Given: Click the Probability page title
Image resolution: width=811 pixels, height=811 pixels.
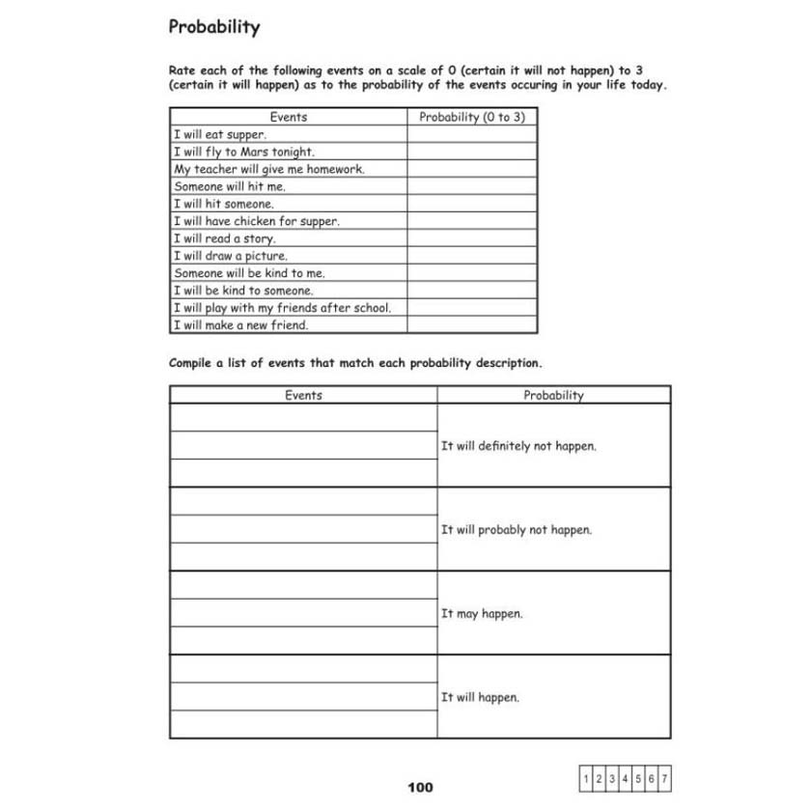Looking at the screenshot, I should click(x=214, y=27).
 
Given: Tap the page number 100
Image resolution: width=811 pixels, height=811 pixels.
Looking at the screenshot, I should click(x=420, y=788).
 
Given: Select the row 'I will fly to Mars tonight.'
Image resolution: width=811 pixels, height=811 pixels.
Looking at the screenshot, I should click(x=243, y=153).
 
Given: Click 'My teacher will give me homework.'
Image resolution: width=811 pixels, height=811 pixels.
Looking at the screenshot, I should click(x=268, y=170).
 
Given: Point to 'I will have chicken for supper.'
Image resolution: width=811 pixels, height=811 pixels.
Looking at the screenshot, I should click(x=256, y=221).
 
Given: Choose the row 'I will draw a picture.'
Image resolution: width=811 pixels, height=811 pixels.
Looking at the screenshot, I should click(x=230, y=256).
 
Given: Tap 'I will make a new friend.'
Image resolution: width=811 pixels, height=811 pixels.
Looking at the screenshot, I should click(x=240, y=325).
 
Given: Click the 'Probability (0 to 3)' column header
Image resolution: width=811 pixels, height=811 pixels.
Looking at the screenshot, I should click(x=472, y=117).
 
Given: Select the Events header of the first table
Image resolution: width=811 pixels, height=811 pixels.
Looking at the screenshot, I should click(x=289, y=117).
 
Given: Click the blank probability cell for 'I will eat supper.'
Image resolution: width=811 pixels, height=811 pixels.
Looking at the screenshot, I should click(x=472, y=135).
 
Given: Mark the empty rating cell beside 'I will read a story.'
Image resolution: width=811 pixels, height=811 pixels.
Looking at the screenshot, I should click(x=472, y=238).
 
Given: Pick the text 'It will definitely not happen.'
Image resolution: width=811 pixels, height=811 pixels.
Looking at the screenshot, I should click(x=518, y=447).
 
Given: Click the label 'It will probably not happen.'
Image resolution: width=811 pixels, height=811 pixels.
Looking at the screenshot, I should click(x=516, y=530).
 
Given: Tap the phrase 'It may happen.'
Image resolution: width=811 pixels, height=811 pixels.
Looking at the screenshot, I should click(x=482, y=614).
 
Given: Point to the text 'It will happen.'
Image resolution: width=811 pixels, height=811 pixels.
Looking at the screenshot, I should click(x=480, y=697).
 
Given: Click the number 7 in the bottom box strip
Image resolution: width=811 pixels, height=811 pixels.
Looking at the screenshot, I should click(x=664, y=777).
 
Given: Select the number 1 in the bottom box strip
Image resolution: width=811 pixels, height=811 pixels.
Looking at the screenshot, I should click(x=588, y=777).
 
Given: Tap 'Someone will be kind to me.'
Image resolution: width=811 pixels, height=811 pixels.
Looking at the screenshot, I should click(x=249, y=273).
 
